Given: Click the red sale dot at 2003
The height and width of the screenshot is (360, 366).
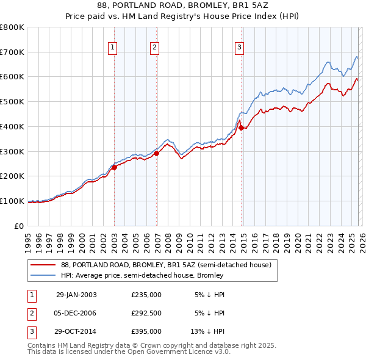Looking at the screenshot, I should [x=115, y=167].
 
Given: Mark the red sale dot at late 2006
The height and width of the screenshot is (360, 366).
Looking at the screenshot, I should [x=157, y=153].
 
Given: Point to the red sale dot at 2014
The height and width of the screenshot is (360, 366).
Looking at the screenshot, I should [x=242, y=128].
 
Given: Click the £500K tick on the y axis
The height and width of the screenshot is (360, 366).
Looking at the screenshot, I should [x=12, y=101].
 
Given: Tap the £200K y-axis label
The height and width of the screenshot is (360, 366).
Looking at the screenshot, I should [x=12, y=176].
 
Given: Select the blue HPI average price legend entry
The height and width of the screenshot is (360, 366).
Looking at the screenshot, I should [x=142, y=275].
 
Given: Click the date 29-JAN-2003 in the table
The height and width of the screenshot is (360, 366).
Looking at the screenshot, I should [x=76, y=295].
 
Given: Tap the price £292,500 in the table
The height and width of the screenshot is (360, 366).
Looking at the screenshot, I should [x=146, y=313].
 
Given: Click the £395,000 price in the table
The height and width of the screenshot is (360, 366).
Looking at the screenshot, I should [x=146, y=331].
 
